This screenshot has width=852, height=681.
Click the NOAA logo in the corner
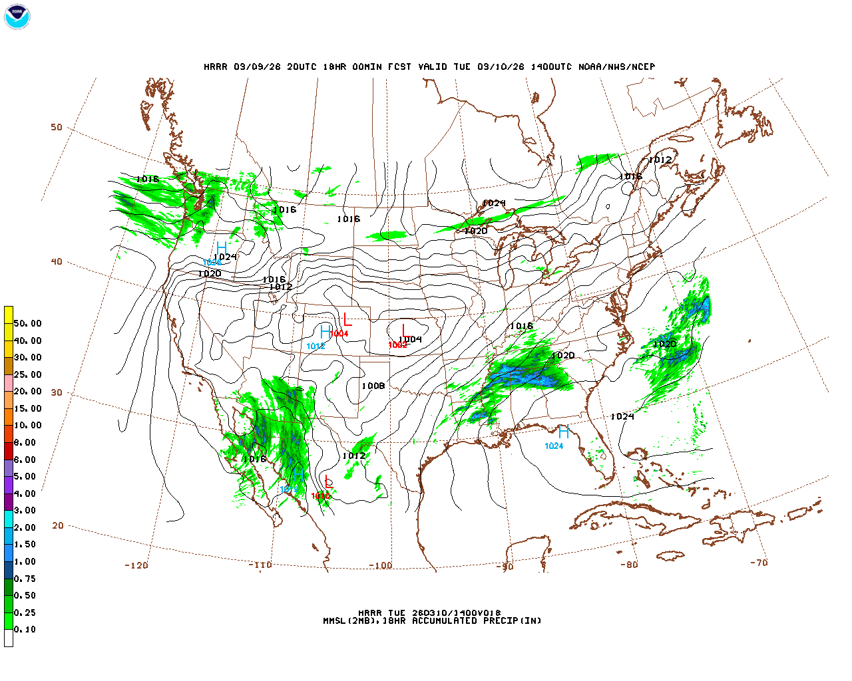click(x=17, y=17)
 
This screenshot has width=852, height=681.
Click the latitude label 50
click(x=57, y=127)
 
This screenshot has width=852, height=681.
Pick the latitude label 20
click(x=58, y=525)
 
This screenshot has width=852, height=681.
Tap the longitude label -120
click(x=136, y=565)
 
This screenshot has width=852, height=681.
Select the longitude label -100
click(x=381, y=565)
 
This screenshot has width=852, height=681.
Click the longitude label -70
click(x=759, y=562)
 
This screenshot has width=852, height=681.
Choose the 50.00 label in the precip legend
click(x=27, y=323)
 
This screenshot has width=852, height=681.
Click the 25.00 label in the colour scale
click(x=27, y=374)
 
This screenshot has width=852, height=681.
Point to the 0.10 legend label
click(x=25, y=629)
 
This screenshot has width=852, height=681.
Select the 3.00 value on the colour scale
click(x=25, y=510)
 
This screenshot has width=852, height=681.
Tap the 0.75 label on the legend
click(x=25, y=579)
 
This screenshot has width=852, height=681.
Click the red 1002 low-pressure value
click(x=397, y=345)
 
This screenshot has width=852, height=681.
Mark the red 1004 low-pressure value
click(x=339, y=333)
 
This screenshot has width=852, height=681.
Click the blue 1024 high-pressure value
click(x=554, y=446)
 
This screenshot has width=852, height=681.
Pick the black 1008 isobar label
click(x=373, y=386)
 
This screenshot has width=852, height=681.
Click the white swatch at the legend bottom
click(x=9, y=638)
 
